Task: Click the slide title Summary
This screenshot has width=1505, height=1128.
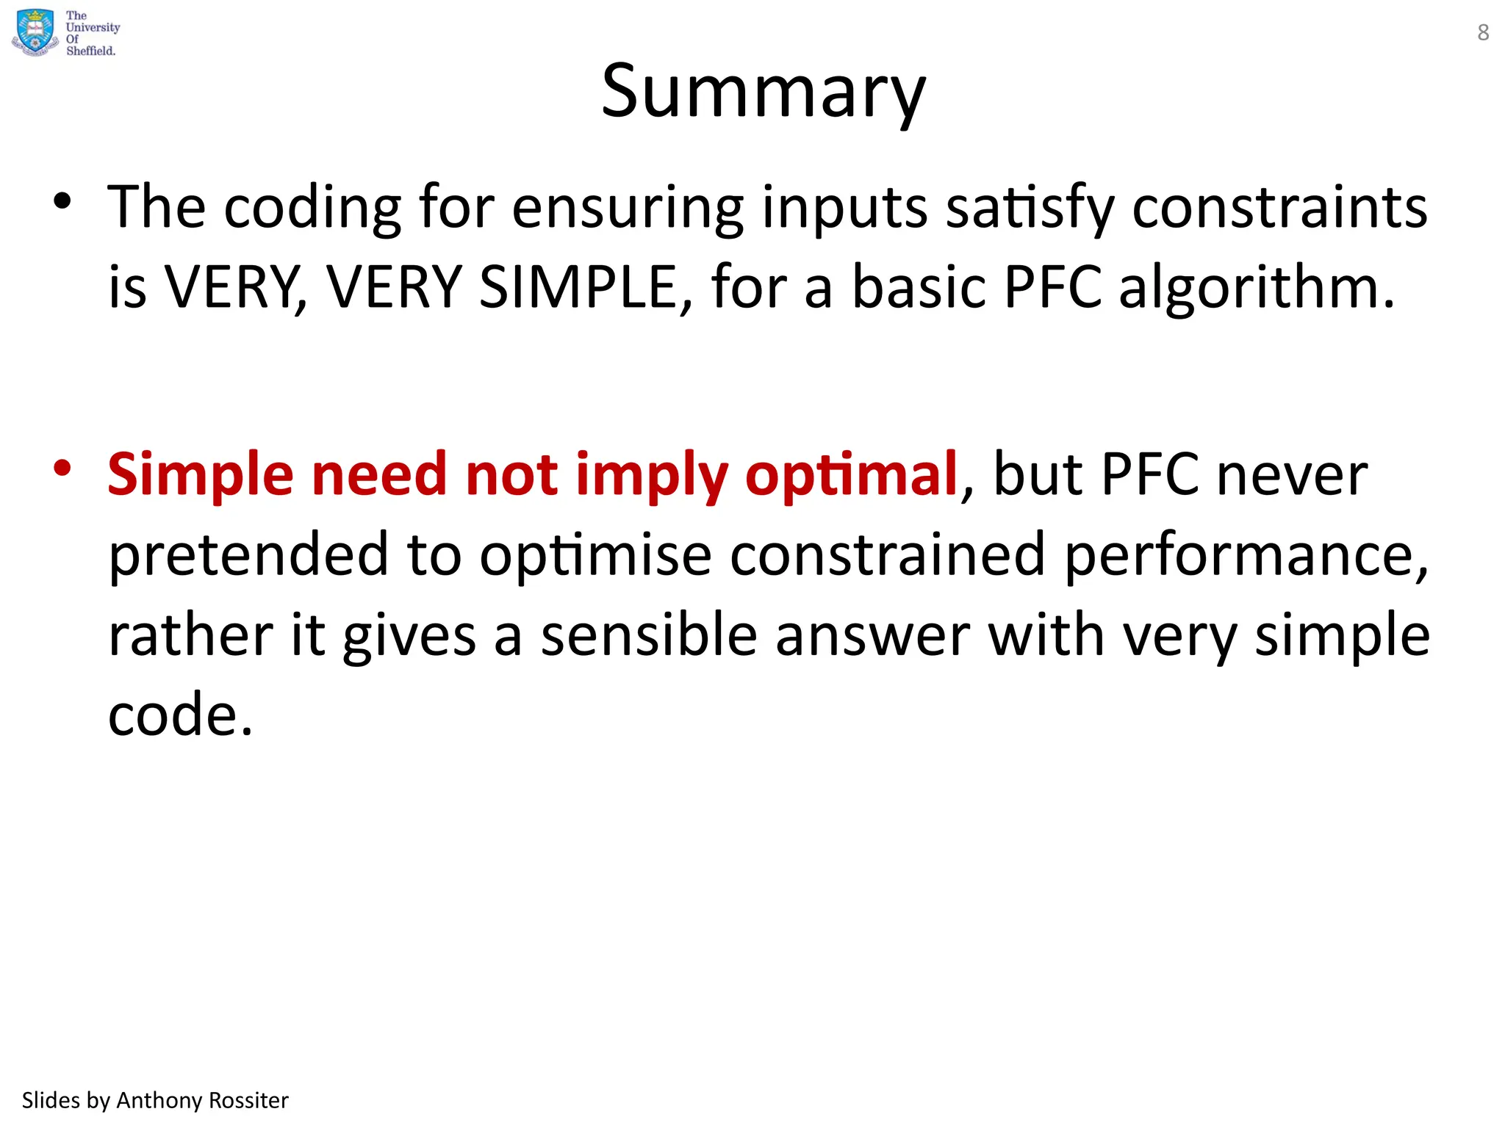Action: coord(763,91)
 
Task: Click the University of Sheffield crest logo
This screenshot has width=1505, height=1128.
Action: coord(35,32)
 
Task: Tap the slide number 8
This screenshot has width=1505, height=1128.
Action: coord(1483,32)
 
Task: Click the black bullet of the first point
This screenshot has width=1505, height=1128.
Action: coord(62,201)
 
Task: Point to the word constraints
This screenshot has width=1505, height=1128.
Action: coord(1279,208)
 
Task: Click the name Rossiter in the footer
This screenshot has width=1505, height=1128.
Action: coord(249,1100)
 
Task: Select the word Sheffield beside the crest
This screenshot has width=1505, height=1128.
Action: coord(90,51)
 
